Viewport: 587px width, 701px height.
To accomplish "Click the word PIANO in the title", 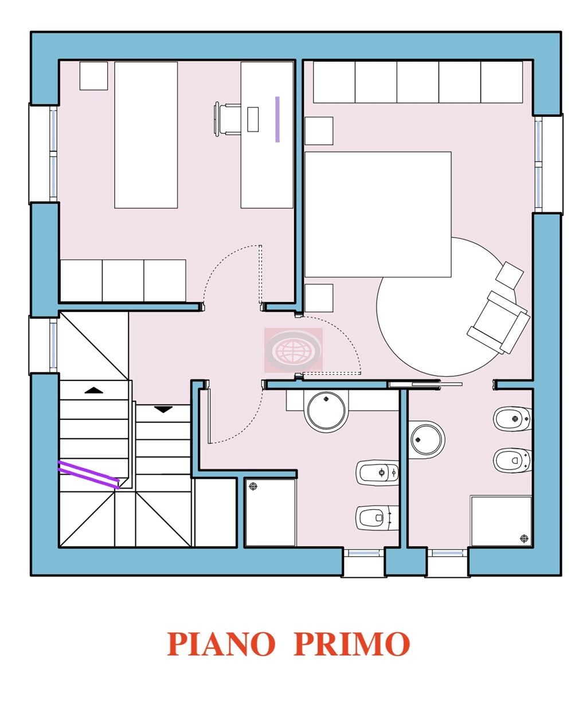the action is tap(221, 644).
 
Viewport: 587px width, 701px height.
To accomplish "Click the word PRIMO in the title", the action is tap(351, 644).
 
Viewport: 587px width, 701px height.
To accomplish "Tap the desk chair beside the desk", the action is tap(227, 119).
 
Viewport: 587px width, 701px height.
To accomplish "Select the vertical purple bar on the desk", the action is tap(277, 119).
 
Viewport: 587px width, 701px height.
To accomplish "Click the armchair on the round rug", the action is tap(498, 322).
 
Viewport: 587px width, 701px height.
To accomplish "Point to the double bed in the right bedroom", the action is tap(378, 215).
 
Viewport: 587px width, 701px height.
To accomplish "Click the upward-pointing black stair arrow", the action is tap(94, 390).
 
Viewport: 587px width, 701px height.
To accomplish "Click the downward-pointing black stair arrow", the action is tap(163, 409).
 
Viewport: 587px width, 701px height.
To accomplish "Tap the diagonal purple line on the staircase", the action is tap(89, 475).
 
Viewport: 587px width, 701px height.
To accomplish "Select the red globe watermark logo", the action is tap(293, 350).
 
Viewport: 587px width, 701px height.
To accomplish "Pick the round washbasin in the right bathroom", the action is tap(426, 439).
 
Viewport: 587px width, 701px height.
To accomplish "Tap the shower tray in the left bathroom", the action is tap(271, 513).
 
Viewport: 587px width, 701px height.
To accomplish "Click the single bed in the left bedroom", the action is tap(146, 135).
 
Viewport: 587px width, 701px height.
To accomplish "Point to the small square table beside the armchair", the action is tap(510, 275).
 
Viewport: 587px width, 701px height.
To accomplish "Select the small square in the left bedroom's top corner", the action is tap(93, 76).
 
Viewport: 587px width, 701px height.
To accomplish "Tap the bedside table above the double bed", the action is tap(319, 131).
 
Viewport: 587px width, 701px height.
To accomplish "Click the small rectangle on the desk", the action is tap(253, 119).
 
